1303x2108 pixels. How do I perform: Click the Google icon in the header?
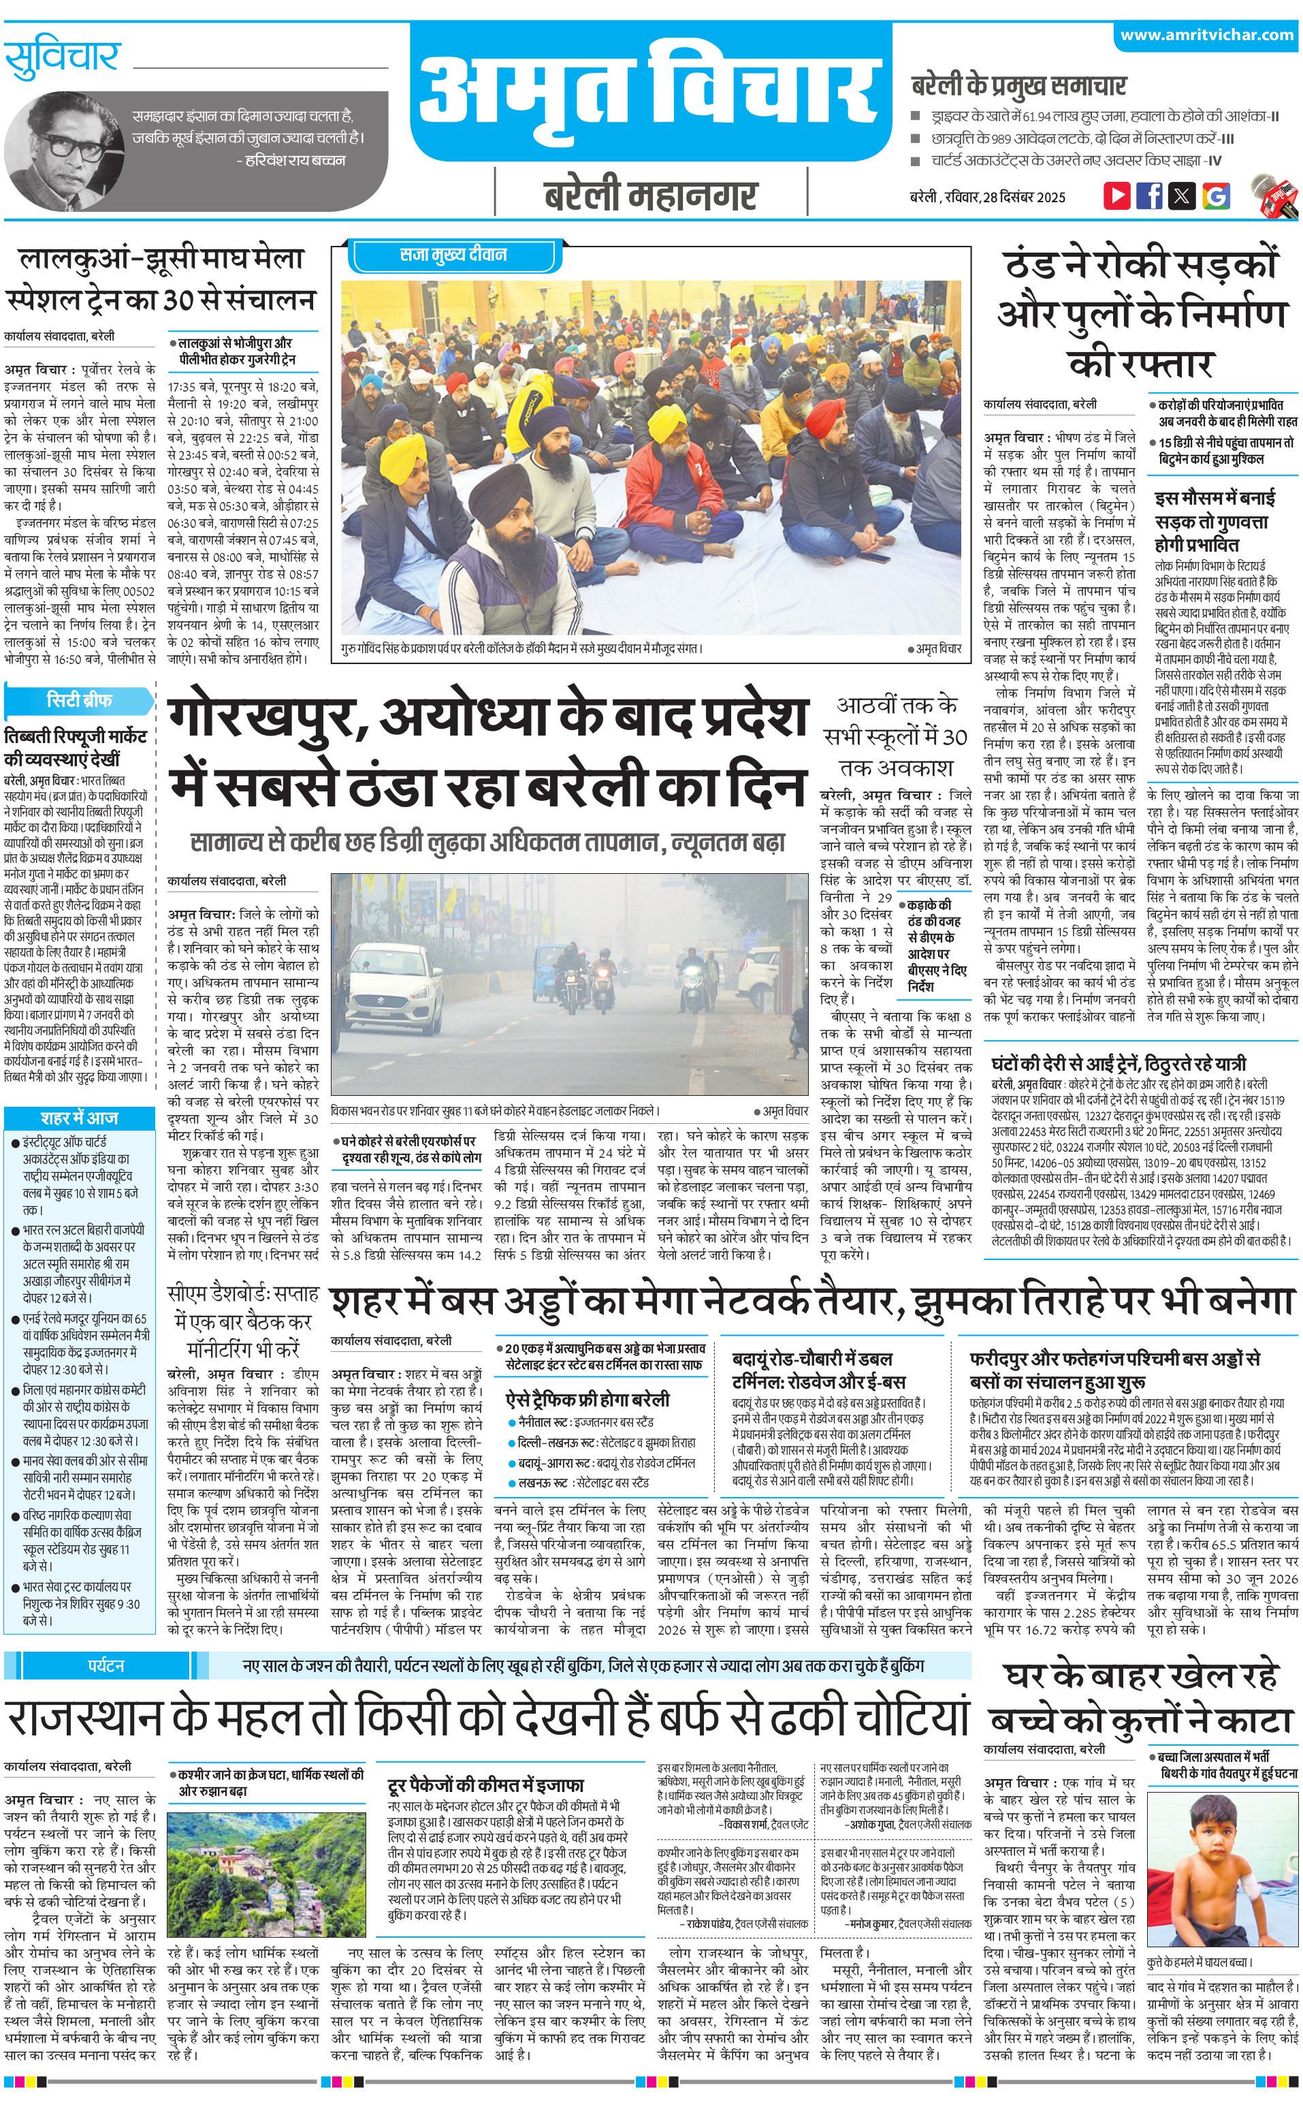pos(1215,195)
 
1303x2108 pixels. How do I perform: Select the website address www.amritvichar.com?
pos(1206,35)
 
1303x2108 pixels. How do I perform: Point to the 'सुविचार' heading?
pos(62,59)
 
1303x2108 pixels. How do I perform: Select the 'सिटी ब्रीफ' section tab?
pos(79,699)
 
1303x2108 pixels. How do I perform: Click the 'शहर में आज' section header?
pos(79,1118)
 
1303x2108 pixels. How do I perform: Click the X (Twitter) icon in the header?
pos(1182,195)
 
